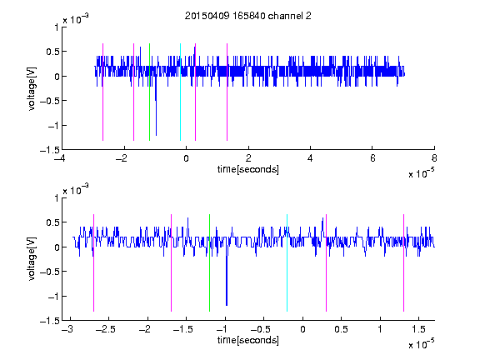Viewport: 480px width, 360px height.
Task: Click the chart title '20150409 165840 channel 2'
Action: [248, 16]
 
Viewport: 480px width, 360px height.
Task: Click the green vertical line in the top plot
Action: [149, 92]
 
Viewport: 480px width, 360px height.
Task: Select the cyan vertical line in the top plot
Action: [180, 92]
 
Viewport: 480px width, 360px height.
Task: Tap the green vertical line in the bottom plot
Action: [209, 263]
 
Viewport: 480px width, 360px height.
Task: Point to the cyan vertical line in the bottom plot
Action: [287, 263]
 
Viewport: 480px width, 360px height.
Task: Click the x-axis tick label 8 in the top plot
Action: [434, 158]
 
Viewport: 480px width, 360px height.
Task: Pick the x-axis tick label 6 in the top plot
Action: [372, 158]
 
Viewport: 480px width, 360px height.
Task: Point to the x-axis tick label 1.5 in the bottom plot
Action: [419, 329]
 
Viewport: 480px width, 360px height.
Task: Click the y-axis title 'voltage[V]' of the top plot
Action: [32, 88]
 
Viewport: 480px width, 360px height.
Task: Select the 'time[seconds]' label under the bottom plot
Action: [248, 340]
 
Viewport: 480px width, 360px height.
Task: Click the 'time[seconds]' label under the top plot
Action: [248, 169]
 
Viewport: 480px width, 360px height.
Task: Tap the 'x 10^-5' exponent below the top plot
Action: [421, 173]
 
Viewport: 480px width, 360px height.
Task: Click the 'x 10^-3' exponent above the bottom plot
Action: [76, 190]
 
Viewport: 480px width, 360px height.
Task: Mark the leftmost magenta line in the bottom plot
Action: [93, 263]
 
